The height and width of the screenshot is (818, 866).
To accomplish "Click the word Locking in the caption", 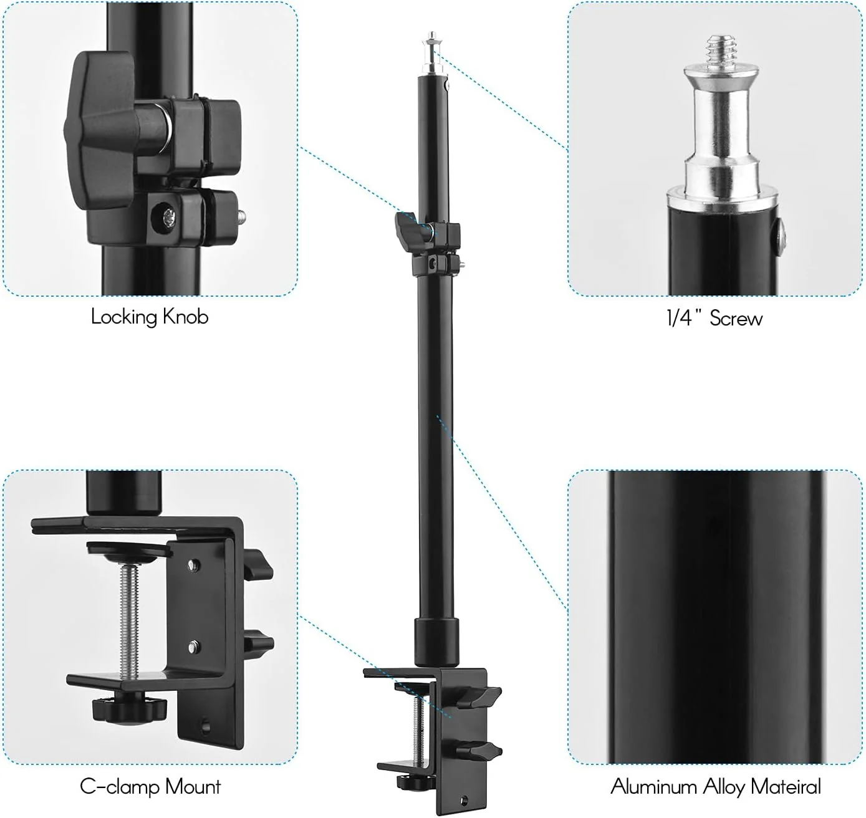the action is pos(124,317).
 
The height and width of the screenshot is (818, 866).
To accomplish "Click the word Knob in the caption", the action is pos(185,316).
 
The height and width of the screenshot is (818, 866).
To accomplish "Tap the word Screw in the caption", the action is pos(736,319).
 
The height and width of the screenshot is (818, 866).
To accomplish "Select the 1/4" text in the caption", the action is pos(683,318).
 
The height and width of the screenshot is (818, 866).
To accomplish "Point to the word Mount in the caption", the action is pos(193,787).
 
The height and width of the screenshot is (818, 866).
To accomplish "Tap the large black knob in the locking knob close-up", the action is pos(101,135).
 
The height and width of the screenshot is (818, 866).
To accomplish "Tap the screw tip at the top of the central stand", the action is pos(432,39).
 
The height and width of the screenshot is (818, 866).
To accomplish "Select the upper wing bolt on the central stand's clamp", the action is pos(483,696).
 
